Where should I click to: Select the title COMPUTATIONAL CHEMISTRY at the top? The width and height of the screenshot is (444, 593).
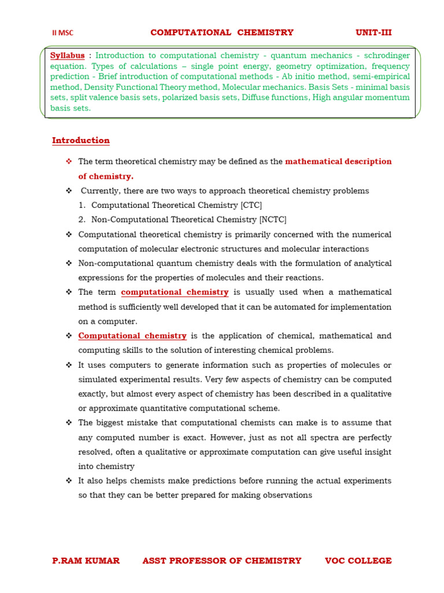222,32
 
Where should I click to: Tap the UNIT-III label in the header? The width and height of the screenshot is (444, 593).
373,32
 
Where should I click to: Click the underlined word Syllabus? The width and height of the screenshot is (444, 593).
67,56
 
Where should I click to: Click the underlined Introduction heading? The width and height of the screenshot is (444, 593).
80,141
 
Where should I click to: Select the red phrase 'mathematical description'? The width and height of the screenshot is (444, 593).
338,162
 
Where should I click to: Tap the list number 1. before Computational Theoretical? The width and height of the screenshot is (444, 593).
82,205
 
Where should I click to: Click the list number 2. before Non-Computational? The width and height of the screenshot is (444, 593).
82,219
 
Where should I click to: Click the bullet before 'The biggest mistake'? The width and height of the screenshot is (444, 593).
69,423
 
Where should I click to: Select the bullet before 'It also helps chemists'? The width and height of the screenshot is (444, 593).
69,481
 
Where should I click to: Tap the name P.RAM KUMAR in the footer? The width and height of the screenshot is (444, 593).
86,561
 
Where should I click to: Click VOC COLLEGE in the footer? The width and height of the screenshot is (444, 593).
358,561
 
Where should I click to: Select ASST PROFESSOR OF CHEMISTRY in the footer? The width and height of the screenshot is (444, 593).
221,561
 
